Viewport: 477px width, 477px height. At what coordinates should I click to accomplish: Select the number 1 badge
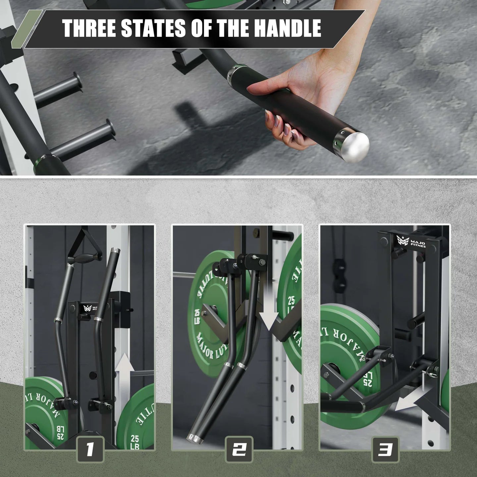coord(90,450)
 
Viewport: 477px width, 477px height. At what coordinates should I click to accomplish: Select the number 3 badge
coord(386,450)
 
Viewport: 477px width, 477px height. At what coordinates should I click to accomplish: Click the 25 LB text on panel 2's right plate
coord(291,305)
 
